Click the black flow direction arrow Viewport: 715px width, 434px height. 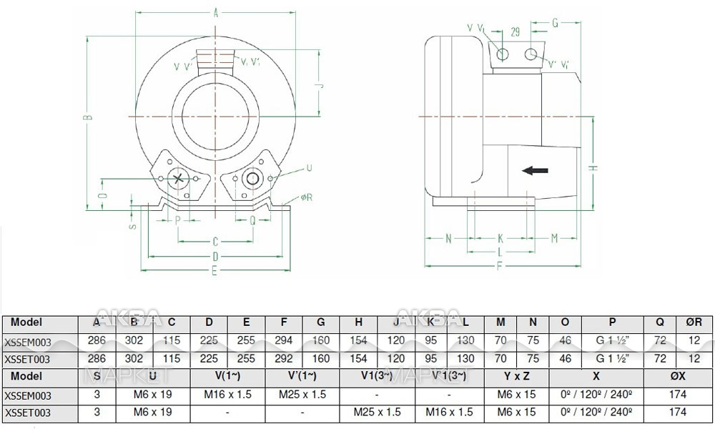tap(536, 170)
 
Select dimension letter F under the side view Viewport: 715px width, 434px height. tap(498, 265)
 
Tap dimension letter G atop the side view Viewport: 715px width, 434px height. tap(555, 22)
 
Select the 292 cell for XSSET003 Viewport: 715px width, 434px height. tap(284, 359)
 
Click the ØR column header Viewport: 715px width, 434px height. tap(694, 323)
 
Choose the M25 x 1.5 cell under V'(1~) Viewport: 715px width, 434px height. tap(303, 395)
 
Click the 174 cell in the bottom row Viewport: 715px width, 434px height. tap(678, 413)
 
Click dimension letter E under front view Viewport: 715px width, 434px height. tap(215, 270)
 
